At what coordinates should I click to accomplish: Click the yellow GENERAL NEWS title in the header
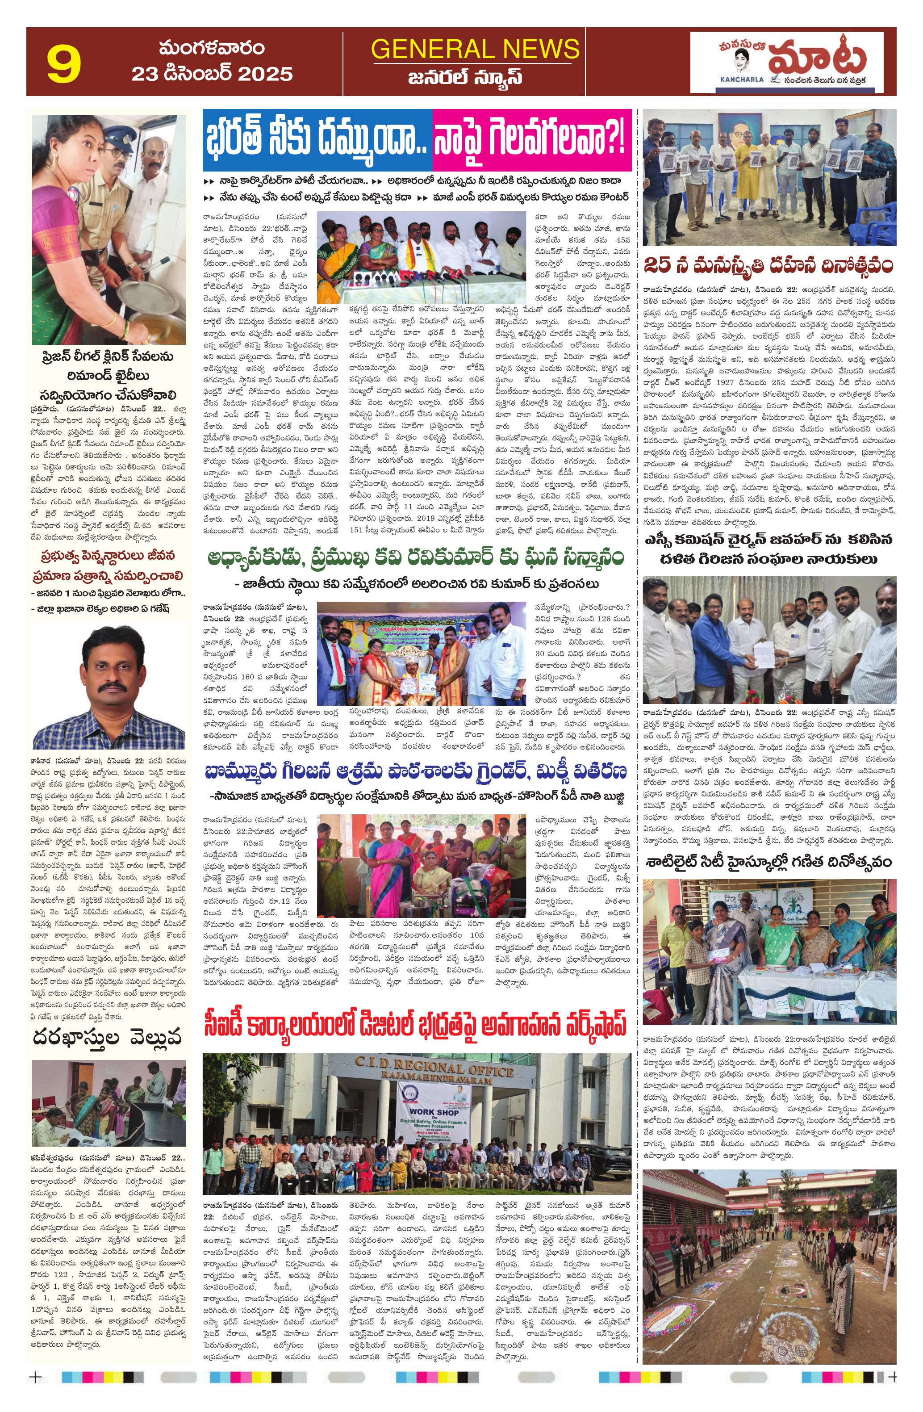tap(475, 49)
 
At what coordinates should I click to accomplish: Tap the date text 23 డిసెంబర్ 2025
tap(212, 74)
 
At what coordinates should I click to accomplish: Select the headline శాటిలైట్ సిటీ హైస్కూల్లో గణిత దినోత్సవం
tap(769, 862)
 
